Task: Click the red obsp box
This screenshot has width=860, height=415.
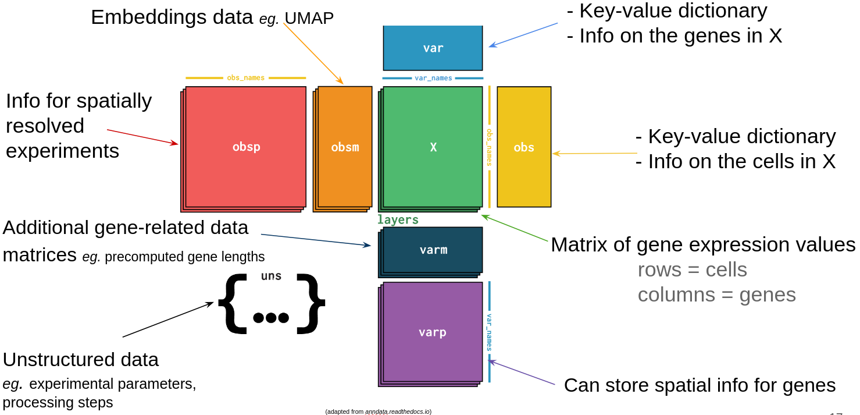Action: point(245,147)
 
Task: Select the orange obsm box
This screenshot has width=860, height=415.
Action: point(345,147)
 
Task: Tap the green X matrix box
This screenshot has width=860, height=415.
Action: point(433,147)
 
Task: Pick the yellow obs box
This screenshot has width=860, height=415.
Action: point(523,147)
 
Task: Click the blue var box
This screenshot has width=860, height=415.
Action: point(433,48)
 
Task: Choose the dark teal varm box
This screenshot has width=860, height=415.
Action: point(433,250)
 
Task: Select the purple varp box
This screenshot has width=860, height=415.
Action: point(433,332)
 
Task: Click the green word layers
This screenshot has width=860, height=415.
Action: point(398,219)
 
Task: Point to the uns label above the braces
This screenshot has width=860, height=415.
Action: point(271,276)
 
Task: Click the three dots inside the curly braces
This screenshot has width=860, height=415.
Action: point(271,317)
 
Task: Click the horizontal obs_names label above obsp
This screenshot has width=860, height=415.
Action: point(245,78)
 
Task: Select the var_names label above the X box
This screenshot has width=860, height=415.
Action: point(433,78)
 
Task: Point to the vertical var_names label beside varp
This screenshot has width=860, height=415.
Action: point(489,332)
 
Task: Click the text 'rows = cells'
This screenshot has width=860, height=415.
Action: point(692,270)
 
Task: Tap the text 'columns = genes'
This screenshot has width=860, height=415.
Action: point(716,295)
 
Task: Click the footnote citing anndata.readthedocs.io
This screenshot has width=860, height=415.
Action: point(378,412)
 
